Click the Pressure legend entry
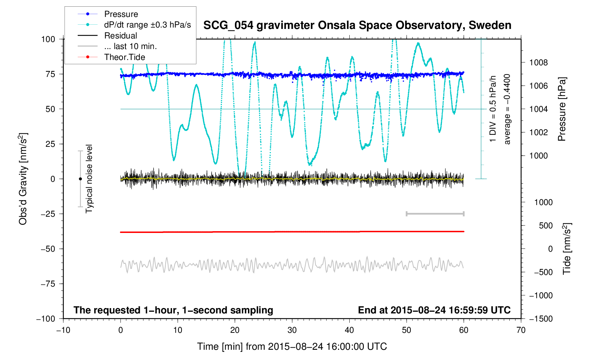121,14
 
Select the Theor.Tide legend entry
124,57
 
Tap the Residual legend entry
120,36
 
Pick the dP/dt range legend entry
147,25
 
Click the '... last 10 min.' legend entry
130,46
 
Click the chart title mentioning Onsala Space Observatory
357,25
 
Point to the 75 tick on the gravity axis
51,74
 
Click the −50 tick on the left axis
48,249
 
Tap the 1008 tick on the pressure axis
538,63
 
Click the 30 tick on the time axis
292,330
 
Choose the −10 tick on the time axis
63,330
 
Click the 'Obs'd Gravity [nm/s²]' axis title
23,179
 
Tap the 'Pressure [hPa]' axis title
562,109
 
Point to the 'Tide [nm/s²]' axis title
567,248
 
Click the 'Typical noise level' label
89,179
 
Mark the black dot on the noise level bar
80,179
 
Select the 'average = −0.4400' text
507,109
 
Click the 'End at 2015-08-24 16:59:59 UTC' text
434,310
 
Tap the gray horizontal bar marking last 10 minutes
435,214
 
